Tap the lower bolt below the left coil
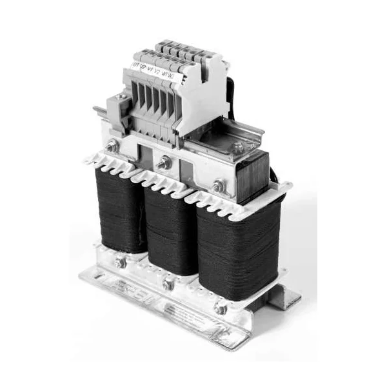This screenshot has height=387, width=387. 119,263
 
